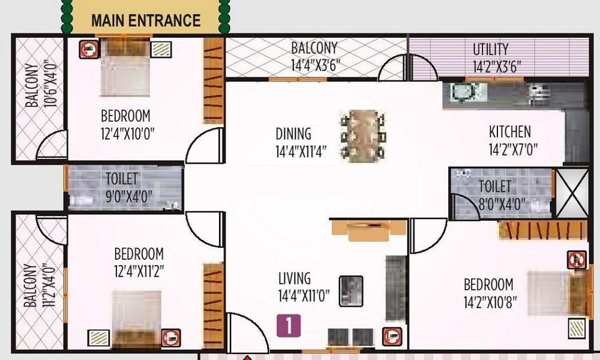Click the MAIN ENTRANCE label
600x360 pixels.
tap(145, 20)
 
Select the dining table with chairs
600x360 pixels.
tap(362, 134)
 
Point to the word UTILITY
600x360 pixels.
tap(490, 49)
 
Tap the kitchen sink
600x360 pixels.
tap(463, 92)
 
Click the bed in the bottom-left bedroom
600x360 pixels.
tap(137, 317)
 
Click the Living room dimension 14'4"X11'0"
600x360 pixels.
tap(304, 295)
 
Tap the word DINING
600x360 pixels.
tap(293, 133)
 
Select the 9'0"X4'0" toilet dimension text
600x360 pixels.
tap(122, 196)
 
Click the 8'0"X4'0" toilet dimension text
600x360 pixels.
tap(495, 203)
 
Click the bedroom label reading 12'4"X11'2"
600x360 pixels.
tap(139, 272)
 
